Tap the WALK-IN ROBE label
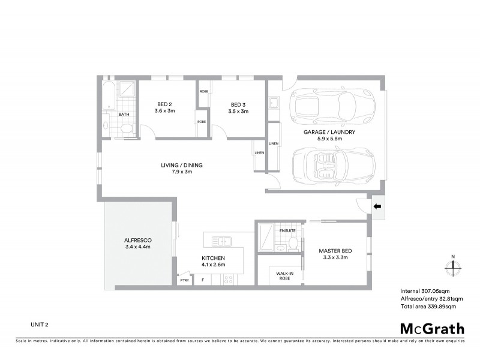285,276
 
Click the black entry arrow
378,207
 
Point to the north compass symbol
453,265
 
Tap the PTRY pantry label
184,280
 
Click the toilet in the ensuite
294,242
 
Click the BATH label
124,114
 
